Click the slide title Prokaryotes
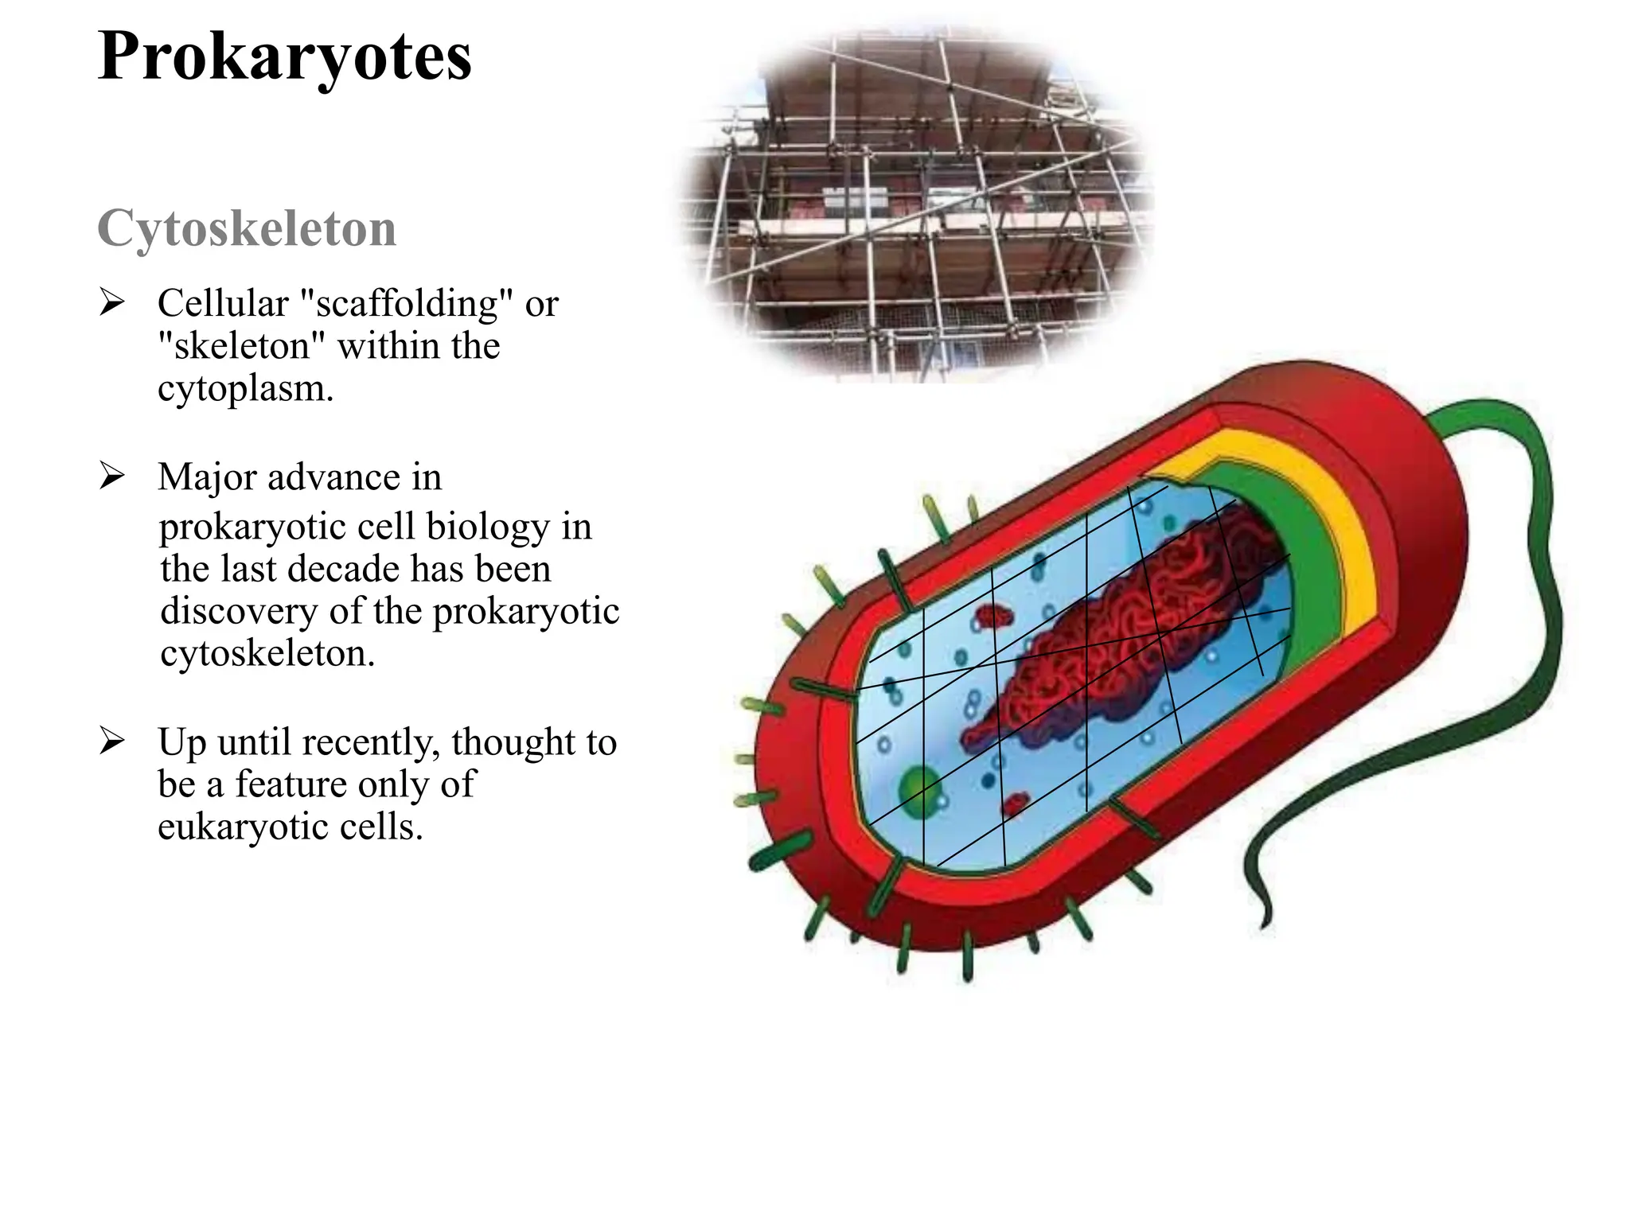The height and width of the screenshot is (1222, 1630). coord(284,56)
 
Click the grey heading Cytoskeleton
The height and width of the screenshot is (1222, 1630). coord(247,229)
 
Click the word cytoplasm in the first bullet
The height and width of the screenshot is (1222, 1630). coord(244,389)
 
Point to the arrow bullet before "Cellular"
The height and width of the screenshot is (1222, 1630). coord(112,303)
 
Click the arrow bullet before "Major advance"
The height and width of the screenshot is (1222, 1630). coord(112,476)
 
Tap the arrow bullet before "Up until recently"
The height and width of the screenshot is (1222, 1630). coord(112,741)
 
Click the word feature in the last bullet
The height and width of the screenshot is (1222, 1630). coord(293,784)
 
